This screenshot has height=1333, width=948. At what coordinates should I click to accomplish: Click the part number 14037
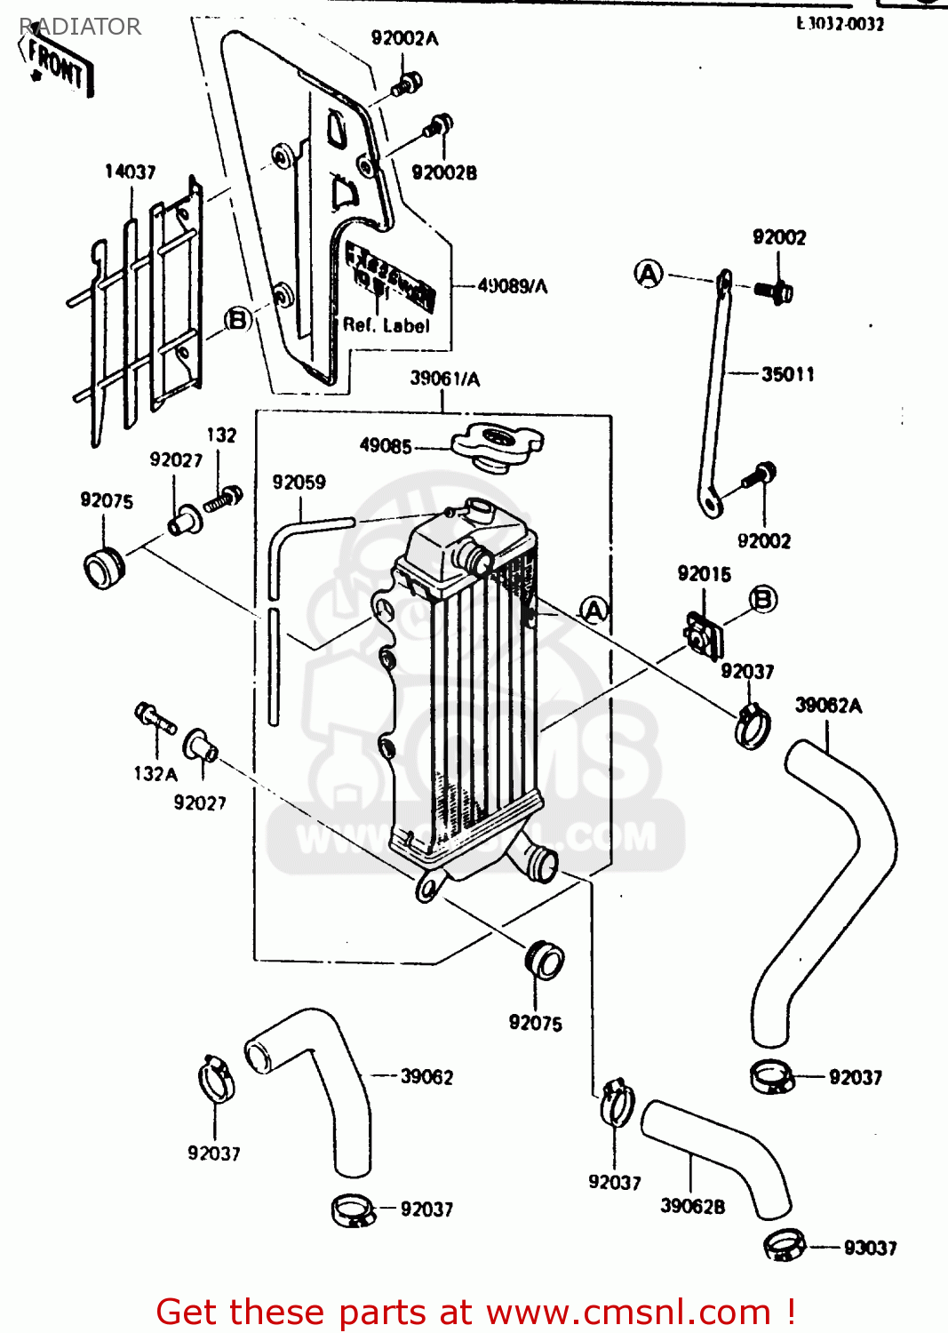[130, 172]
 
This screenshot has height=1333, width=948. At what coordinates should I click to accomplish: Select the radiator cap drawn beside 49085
[497, 445]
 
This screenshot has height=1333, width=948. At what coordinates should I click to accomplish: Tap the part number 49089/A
[513, 286]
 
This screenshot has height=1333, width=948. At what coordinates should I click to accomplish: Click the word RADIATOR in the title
[80, 27]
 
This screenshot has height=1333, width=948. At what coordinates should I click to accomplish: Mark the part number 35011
[787, 374]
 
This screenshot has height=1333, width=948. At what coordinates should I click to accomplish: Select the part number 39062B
[692, 1206]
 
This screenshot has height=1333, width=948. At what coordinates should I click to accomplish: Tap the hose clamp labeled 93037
[785, 1244]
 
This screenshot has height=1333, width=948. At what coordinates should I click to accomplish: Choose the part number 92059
[299, 483]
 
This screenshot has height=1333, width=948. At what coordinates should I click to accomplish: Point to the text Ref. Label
[386, 325]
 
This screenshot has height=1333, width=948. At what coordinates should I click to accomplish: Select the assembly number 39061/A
[444, 379]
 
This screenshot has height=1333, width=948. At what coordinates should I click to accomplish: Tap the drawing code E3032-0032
[840, 24]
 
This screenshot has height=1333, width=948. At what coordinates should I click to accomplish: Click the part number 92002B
[443, 172]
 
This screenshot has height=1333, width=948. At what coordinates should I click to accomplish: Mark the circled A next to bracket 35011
[649, 274]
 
